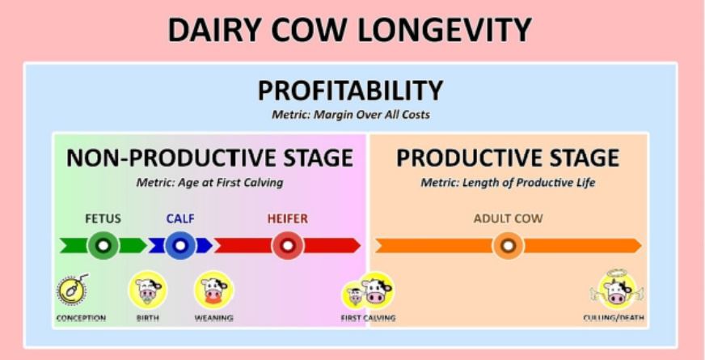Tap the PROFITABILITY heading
click(x=350, y=91)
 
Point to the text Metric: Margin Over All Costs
click(x=351, y=115)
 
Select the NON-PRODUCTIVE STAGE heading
click(x=209, y=158)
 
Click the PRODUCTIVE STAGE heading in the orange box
click(x=508, y=158)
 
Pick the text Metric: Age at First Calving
click(x=209, y=183)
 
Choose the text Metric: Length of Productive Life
click(x=508, y=183)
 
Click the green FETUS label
click(x=103, y=218)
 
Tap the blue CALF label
click(x=180, y=218)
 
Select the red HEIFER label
click(x=288, y=218)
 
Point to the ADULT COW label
click(x=508, y=218)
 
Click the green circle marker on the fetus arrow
click(x=103, y=246)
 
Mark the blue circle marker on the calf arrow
click(x=180, y=246)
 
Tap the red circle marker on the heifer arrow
click(x=288, y=246)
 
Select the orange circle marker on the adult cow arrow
click(x=508, y=246)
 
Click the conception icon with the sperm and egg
click(x=73, y=290)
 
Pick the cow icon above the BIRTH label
click(x=147, y=290)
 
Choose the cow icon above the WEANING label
click(x=214, y=290)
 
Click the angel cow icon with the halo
click(x=617, y=290)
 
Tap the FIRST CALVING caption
click(x=368, y=318)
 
